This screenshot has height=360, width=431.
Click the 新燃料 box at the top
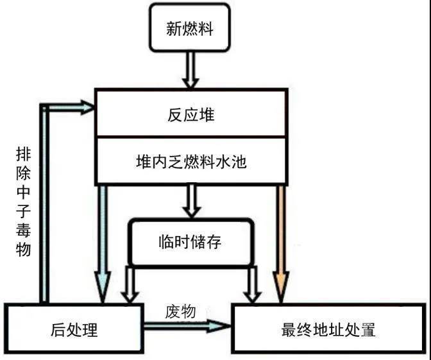click(x=189, y=29)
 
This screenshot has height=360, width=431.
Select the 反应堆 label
click(x=189, y=116)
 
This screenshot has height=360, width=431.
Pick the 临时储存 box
click(x=189, y=242)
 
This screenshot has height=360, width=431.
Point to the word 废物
click(x=180, y=311)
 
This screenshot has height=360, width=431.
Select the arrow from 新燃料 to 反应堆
click(x=190, y=70)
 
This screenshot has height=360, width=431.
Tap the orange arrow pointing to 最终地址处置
click(x=280, y=237)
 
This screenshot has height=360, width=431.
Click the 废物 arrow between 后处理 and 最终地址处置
click(x=186, y=326)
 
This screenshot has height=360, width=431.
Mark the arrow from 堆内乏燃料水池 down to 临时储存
click(x=190, y=201)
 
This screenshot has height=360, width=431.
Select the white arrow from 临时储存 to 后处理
click(x=130, y=282)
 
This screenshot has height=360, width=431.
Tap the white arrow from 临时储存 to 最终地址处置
click(x=252, y=282)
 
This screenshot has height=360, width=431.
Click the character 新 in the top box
click(x=174, y=30)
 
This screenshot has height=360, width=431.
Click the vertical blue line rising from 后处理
click(x=44, y=205)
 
